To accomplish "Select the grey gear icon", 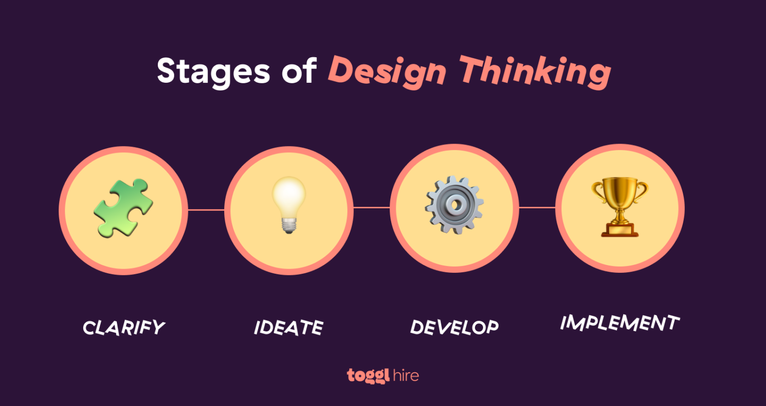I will coord(454,205).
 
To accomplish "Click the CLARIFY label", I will coord(124,327).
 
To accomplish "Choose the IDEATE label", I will coord(289,327).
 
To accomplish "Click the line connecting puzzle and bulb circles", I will coord(204,209).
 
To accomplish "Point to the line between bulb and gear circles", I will coord(371,207).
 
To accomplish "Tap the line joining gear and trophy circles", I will coord(537,207).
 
